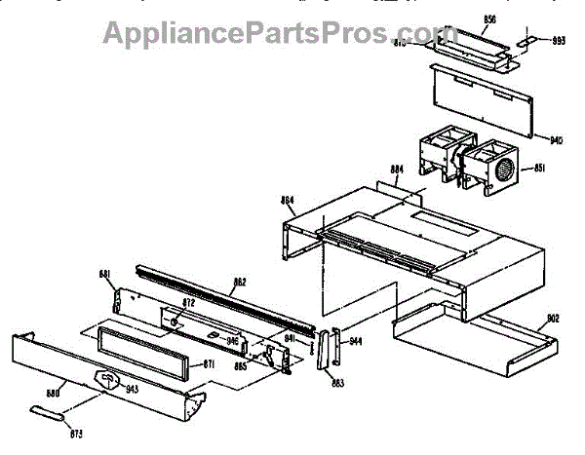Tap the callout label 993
559,41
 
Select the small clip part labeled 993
527,41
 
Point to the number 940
556,139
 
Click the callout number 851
538,169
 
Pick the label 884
396,169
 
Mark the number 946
233,341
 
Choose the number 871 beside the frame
208,364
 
